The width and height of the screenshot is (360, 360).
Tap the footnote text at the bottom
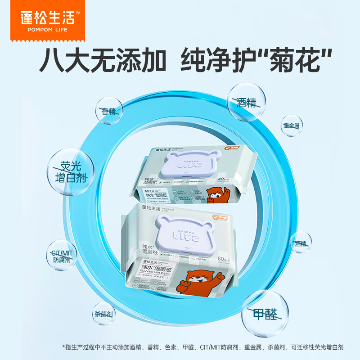(x=202, y=347)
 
